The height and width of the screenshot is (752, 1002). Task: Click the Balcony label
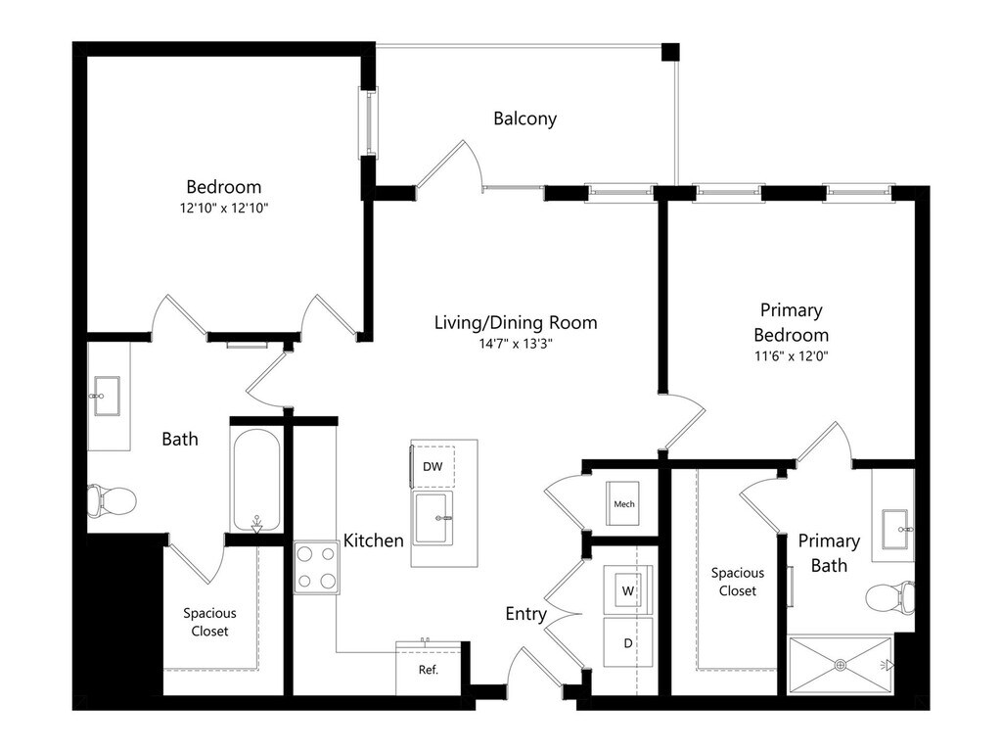[524, 118]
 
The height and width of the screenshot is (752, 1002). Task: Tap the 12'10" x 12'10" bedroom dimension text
[224, 208]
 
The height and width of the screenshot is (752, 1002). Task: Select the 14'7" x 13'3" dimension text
[516, 344]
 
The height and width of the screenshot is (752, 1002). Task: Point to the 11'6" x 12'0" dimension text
[791, 356]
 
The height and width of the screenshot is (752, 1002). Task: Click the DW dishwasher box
[433, 467]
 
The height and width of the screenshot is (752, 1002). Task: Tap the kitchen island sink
[433, 518]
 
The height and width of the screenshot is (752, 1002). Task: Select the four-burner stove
[316, 569]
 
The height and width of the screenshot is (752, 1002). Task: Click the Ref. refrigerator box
[428, 670]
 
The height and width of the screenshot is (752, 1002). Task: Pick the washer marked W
[627, 591]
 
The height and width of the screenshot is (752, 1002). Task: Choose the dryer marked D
[627, 643]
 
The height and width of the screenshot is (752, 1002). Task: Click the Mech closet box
[623, 504]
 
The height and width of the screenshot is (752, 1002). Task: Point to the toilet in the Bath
[110, 500]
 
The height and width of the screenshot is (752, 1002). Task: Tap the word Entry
[525, 614]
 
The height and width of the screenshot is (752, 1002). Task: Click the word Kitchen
[373, 540]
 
